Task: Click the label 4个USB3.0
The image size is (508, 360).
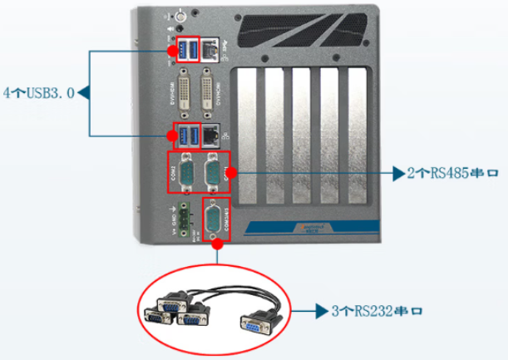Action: click(38, 92)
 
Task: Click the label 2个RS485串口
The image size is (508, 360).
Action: click(454, 175)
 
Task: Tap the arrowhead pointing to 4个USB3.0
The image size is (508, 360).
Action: click(83, 92)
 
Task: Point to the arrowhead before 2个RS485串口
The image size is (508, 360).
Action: click(397, 175)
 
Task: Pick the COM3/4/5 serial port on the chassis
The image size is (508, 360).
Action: click(215, 219)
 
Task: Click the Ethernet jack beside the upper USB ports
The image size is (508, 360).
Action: click(215, 52)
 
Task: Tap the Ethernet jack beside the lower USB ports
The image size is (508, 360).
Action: click(215, 136)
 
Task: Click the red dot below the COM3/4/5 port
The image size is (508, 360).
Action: click(216, 244)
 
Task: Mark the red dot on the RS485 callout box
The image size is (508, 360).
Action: click(232, 173)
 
